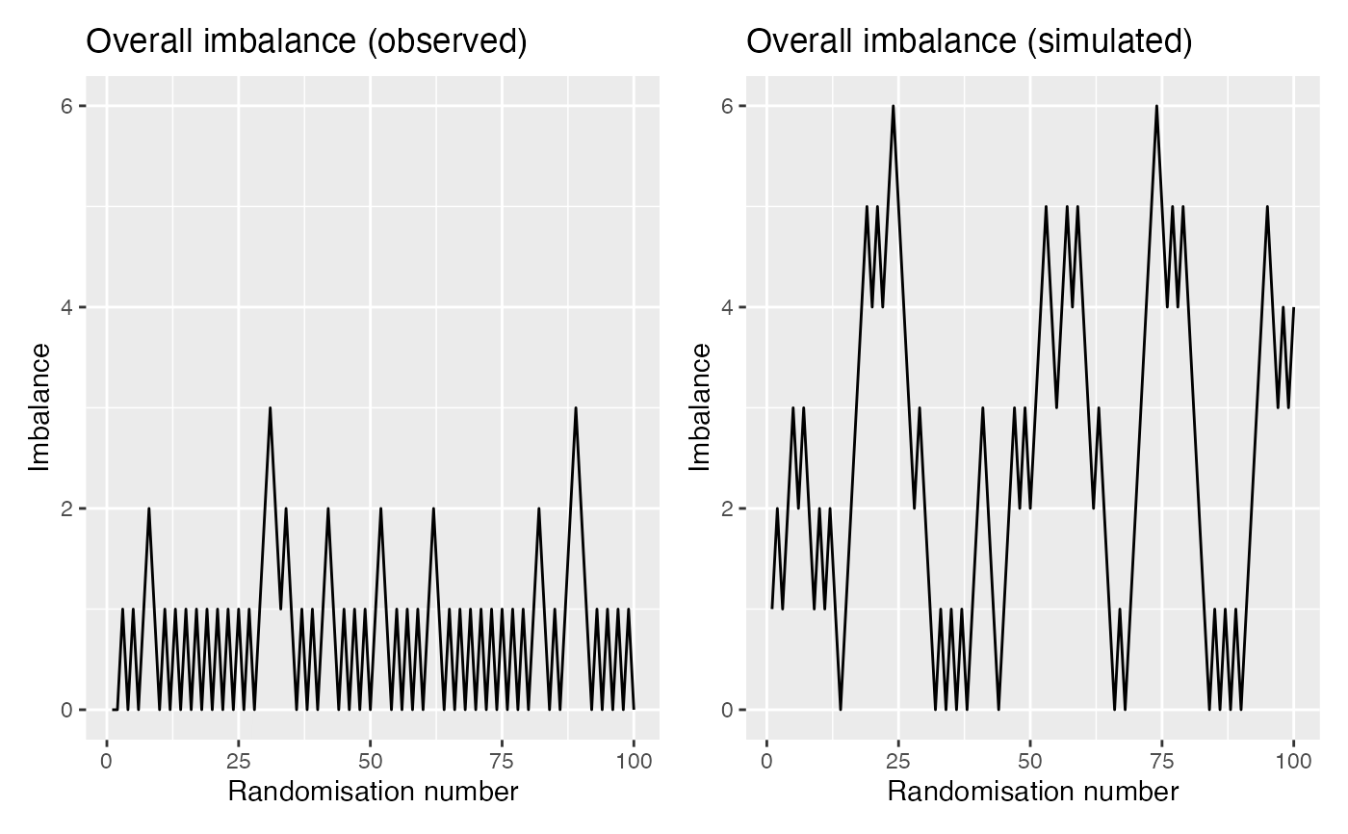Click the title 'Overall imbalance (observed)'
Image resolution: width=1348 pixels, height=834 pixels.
306,42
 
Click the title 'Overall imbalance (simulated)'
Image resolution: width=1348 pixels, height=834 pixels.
970,42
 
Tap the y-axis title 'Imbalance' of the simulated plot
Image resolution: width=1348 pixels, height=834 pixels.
700,408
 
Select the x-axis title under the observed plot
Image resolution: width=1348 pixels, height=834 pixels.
373,792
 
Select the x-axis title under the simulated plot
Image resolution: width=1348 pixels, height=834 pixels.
1032,792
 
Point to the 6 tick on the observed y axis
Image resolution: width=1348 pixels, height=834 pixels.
68,106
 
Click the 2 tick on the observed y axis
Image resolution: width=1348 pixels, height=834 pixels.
68,508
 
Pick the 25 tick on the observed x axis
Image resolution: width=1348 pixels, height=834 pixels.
239,761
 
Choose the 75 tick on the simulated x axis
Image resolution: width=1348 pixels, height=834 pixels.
1162,761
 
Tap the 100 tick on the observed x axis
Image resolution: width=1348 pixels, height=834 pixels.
634,761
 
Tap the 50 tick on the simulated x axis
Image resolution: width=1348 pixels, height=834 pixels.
1030,761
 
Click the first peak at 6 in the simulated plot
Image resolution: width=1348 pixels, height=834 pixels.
894,106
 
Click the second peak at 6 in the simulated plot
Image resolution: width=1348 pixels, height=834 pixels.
1156,106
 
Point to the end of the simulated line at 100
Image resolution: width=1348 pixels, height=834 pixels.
1293,308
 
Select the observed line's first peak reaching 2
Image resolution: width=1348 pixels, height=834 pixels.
149,508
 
